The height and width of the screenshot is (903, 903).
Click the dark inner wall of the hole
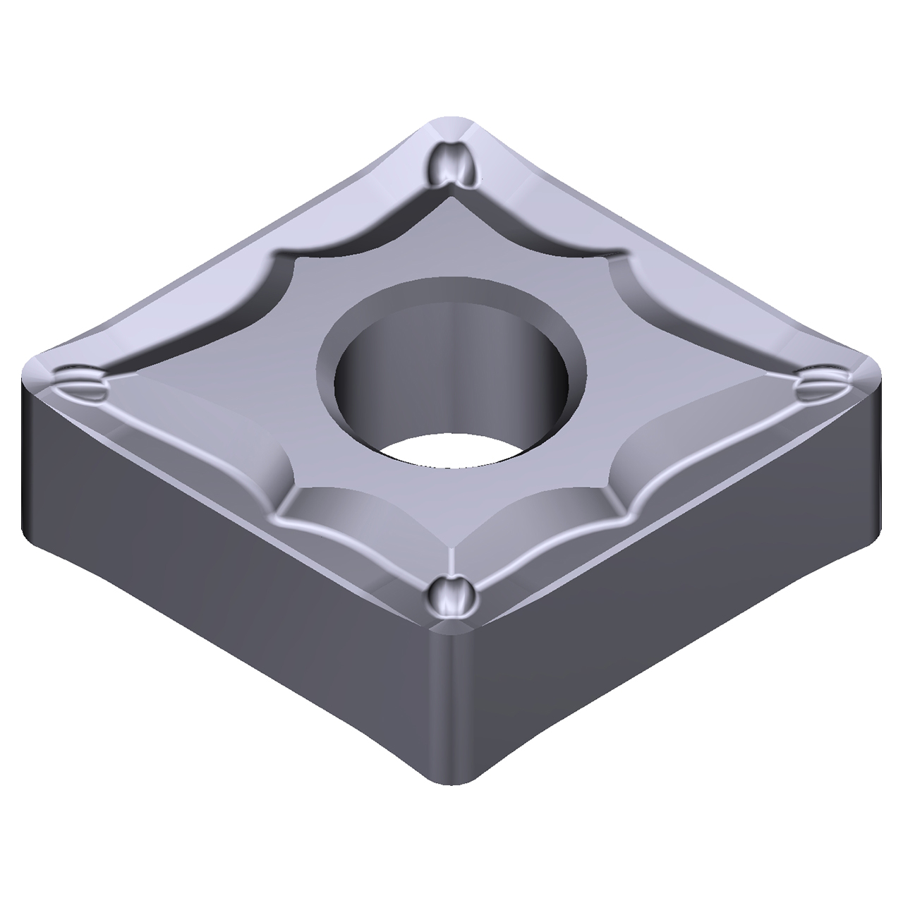[x=451, y=353]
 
